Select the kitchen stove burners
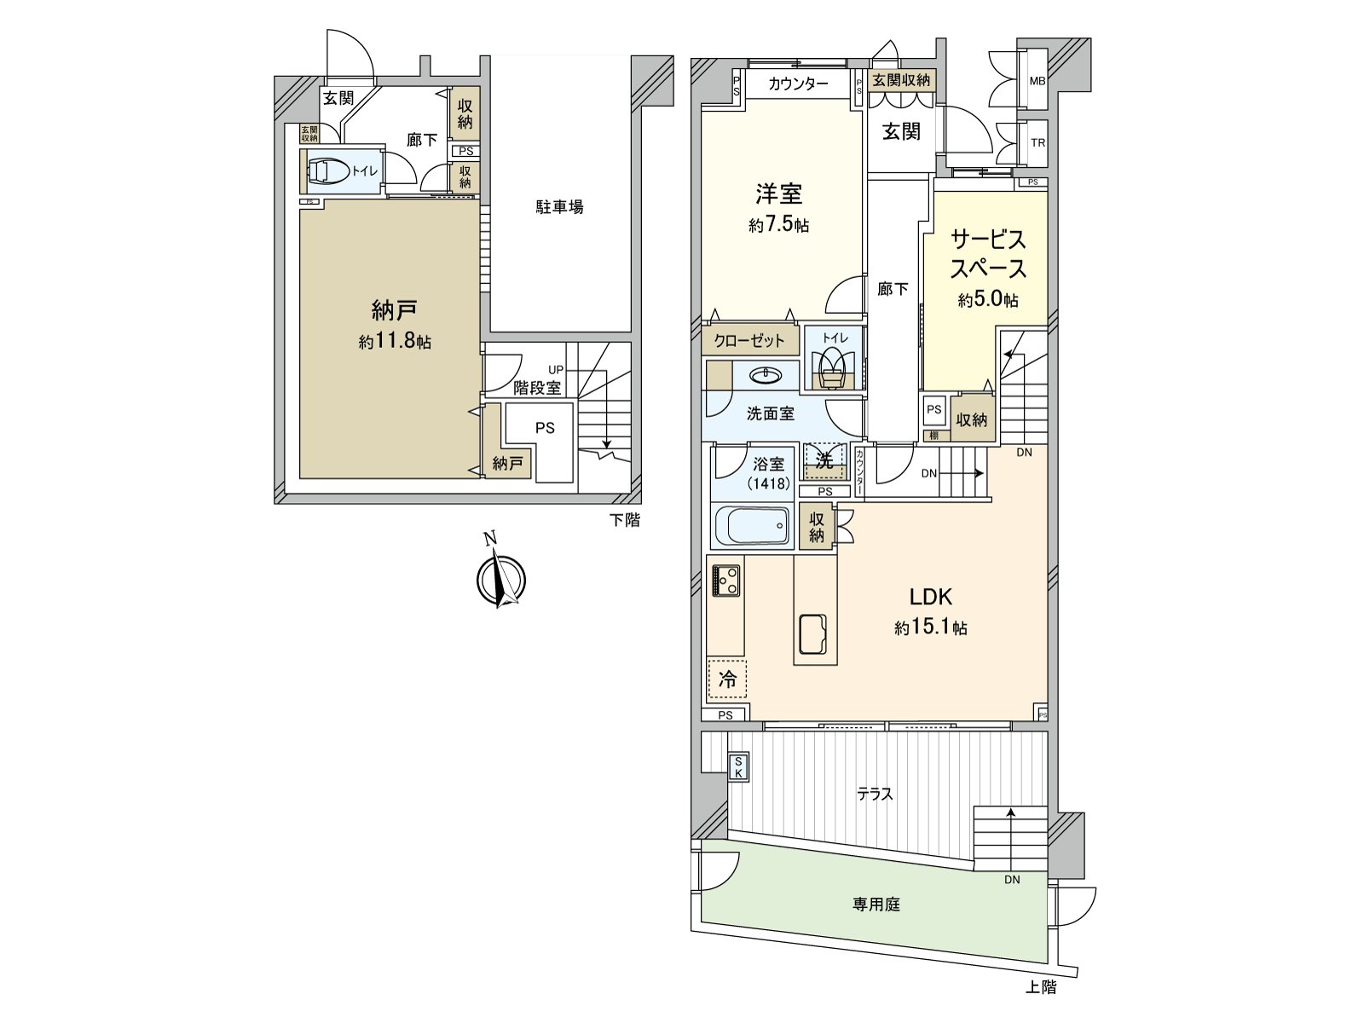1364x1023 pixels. (726, 581)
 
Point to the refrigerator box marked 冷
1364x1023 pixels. (726, 679)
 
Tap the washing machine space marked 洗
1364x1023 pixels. (824, 461)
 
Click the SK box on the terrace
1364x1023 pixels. (738, 766)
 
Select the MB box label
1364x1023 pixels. (1037, 82)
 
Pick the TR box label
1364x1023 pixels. (1037, 143)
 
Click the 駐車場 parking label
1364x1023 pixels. (560, 207)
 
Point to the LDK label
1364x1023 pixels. (930, 597)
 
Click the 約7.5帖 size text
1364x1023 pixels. (778, 226)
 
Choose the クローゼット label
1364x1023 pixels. (749, 341)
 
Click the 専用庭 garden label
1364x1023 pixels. (876, 905)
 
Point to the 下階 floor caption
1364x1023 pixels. (624, 520)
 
